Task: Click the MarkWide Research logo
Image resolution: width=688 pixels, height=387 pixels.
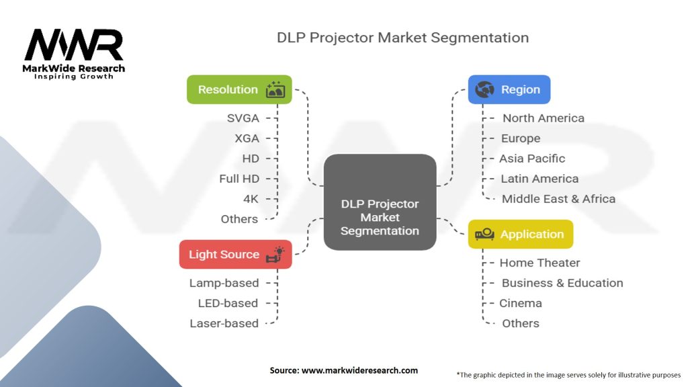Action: pos(74,52)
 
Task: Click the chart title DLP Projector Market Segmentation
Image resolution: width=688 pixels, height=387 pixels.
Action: pos(402,37)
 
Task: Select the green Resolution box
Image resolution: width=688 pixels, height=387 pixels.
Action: pos(239,89)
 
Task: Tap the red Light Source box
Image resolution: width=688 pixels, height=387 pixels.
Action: pos(235,254)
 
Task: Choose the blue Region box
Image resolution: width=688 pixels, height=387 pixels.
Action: pos(509,89)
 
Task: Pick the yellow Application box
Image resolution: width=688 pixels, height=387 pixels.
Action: pos(520,234)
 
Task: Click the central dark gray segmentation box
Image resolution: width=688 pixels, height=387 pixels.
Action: pos(380,202)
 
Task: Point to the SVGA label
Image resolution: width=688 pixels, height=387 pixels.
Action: pos(243,118)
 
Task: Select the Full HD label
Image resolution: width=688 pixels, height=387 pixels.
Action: pos(239,179)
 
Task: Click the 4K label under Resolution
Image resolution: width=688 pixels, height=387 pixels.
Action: pos(251,199)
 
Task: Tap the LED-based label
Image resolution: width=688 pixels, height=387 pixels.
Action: pos(228,303)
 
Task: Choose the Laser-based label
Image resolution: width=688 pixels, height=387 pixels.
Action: pos(224,323)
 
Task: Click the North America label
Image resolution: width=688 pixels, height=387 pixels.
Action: pos(543,118)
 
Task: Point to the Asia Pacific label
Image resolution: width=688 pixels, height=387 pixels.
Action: pos(532,159)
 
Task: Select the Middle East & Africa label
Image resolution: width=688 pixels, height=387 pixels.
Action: pos(558,199)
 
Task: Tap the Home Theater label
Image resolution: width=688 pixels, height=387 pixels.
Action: pos(540,263)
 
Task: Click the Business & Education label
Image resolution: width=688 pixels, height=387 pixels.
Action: pos(562,283)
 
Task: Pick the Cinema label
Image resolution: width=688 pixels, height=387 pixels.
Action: pos(521,303)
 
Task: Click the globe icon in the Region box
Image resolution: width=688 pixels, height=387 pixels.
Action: pos(484,89)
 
